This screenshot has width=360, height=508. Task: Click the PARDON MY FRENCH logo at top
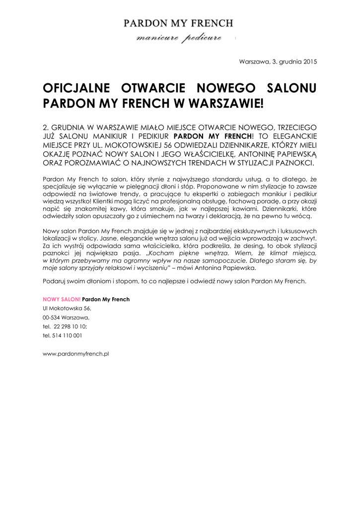[x=178, y=23]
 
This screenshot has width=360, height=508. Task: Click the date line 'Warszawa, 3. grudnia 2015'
[x=278, y=62]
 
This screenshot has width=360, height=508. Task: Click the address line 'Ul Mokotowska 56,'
[x=64, y=309]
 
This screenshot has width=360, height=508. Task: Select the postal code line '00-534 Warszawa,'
[x=66, y=317]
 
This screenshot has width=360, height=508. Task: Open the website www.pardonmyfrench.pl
[x=76, y=354]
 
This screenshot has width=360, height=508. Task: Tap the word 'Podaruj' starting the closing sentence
[x=54, y=281]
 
